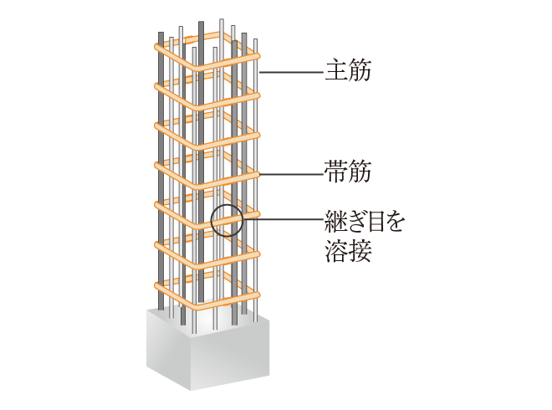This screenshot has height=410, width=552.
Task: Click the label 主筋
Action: [x=348, y=71]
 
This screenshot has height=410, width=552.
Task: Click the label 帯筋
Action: [x=348, y=172]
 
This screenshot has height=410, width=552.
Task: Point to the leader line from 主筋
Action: [x=291, y=72]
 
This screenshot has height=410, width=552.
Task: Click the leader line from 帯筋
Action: [x=291, y=174]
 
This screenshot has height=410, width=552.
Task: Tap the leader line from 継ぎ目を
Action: [x=283, y=219]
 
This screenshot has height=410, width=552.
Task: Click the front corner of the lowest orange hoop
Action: [x=198, y=305]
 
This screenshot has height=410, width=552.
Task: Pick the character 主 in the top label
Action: [x=336, y=71]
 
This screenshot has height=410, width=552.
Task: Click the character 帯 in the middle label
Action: [x=336, y=172]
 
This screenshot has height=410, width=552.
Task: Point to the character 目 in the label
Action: [x=375, y=221]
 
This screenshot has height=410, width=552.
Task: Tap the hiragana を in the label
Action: [x=394, y=221]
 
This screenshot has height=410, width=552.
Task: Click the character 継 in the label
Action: [x=336, y=221]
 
